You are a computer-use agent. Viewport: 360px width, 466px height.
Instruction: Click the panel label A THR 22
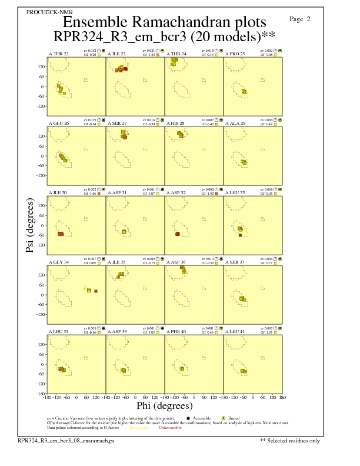(x=58, y=54)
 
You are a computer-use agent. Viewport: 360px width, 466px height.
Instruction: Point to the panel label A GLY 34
(x=58, y=261)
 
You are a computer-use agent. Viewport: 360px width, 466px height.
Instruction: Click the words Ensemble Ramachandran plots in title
(x=164, y=22)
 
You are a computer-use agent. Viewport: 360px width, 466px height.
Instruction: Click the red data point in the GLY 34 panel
(x=96, y=291)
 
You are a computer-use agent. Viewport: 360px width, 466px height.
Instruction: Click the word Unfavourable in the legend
(x=170, y=427)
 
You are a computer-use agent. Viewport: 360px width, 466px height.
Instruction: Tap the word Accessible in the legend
(x=205, y=417)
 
